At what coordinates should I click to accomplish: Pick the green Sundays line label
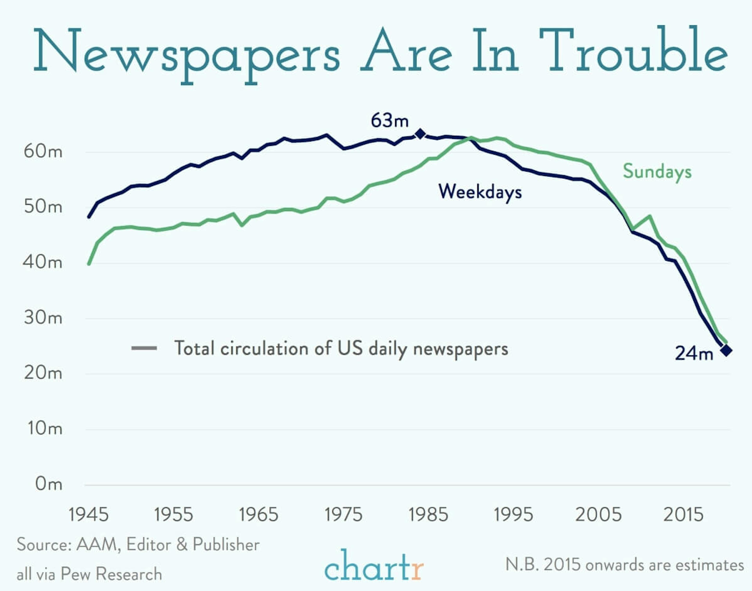pyautogui.click(x=657, y=172)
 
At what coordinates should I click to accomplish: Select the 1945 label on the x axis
pyautogui.click(x=89, y=514)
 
